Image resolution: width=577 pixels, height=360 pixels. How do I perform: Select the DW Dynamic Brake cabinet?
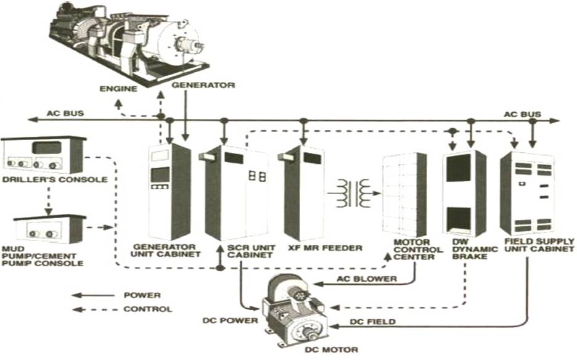[464, 192]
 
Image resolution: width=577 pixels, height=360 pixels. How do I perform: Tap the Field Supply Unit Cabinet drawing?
[527, 192]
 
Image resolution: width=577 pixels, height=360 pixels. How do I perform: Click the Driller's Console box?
[42, 155]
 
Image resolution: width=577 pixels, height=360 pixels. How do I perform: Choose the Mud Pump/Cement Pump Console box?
[49, 229]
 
